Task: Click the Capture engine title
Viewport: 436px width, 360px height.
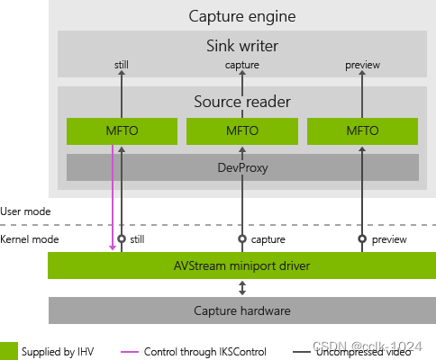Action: pos(241,16)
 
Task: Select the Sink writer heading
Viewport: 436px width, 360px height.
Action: pos(241,45)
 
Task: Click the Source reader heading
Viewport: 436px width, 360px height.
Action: pos(241,102)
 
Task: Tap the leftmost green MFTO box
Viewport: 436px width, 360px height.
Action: pos(122,130)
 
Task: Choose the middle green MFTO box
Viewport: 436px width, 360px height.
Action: pos(241,130)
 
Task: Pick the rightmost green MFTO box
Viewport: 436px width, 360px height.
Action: pos(362,130)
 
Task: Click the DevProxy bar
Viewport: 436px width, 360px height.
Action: pos(241,166)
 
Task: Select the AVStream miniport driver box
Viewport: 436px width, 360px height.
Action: pos(241,265)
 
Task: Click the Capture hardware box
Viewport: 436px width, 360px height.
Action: pos(241,310)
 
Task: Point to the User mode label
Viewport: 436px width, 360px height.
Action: pos(25,211)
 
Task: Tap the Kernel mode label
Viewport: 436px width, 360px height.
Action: pos(28,239)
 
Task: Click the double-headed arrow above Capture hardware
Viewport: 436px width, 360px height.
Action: pos(241,288)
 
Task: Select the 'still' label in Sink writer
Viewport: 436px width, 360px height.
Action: pos(122,65)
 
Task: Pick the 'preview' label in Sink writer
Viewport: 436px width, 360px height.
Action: pos(362,65)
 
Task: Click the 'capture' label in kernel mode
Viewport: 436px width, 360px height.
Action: pos(268,239)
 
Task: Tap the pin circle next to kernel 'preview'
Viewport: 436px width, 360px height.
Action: pos(362,238)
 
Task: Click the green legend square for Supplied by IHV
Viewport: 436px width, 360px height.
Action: pos(9,349)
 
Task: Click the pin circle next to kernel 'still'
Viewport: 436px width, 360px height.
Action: pos(122,238)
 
